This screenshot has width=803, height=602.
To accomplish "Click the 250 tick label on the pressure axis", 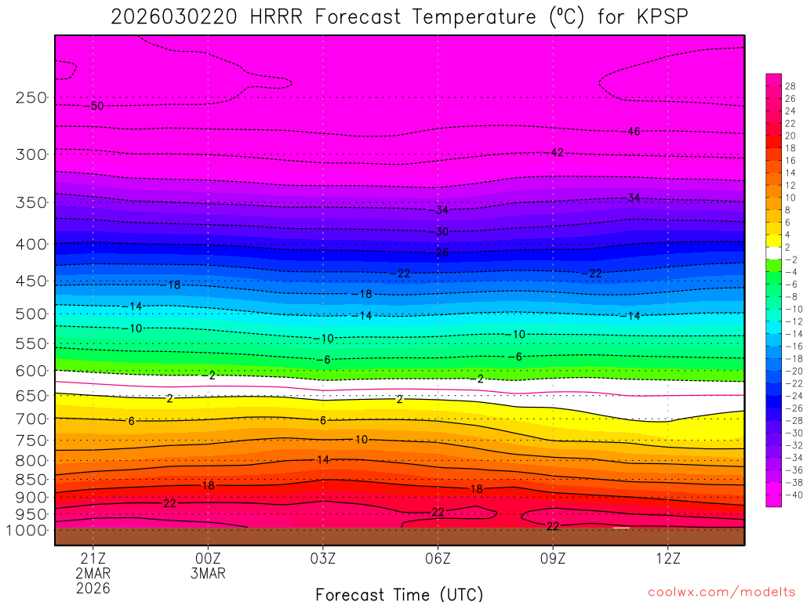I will click(x=31, y=98).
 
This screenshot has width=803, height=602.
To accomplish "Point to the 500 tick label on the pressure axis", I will click(x=31, y=314).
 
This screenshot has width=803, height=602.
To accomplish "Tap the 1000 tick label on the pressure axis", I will click(x=27, y=530).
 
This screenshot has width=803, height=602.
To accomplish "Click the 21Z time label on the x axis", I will click(x=93, y=558).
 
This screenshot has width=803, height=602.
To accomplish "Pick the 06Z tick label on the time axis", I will click(x=438, y=558).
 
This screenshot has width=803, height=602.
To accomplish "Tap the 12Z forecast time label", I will click(x=667, y=558).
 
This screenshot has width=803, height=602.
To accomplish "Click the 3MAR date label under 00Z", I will click(x=208, y=573).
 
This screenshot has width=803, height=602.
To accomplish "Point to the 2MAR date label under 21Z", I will click(x=93, y=573).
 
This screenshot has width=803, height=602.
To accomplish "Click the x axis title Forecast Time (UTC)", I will click(x=399, y=593).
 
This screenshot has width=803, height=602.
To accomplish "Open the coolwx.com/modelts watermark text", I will click(x=721, y=593).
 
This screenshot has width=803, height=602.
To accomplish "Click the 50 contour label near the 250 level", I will click(x=97, y=106).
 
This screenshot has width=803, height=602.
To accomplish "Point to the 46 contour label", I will click(x=634, y=132).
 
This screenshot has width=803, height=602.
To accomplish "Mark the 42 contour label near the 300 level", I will click(x=557, y=152).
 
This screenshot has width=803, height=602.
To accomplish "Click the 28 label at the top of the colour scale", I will click(x=790, y=86).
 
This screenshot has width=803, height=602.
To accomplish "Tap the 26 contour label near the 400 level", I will click(x=441, y=252).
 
